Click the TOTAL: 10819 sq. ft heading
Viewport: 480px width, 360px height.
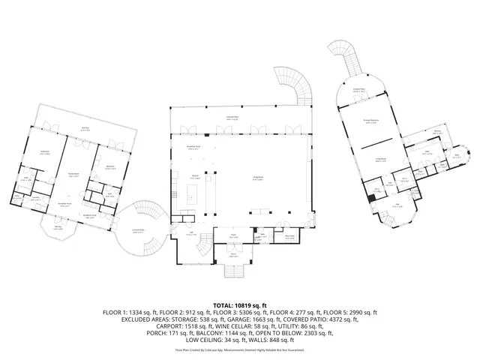click(240, 305)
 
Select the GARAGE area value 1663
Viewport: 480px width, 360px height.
click(257, 319)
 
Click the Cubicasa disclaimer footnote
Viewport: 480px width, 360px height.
click(240, 349)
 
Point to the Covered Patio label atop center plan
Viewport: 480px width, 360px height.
click(233, 116)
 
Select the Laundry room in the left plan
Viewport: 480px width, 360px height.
click(34, 199)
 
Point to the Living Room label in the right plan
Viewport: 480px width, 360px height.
click(379, 159)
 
